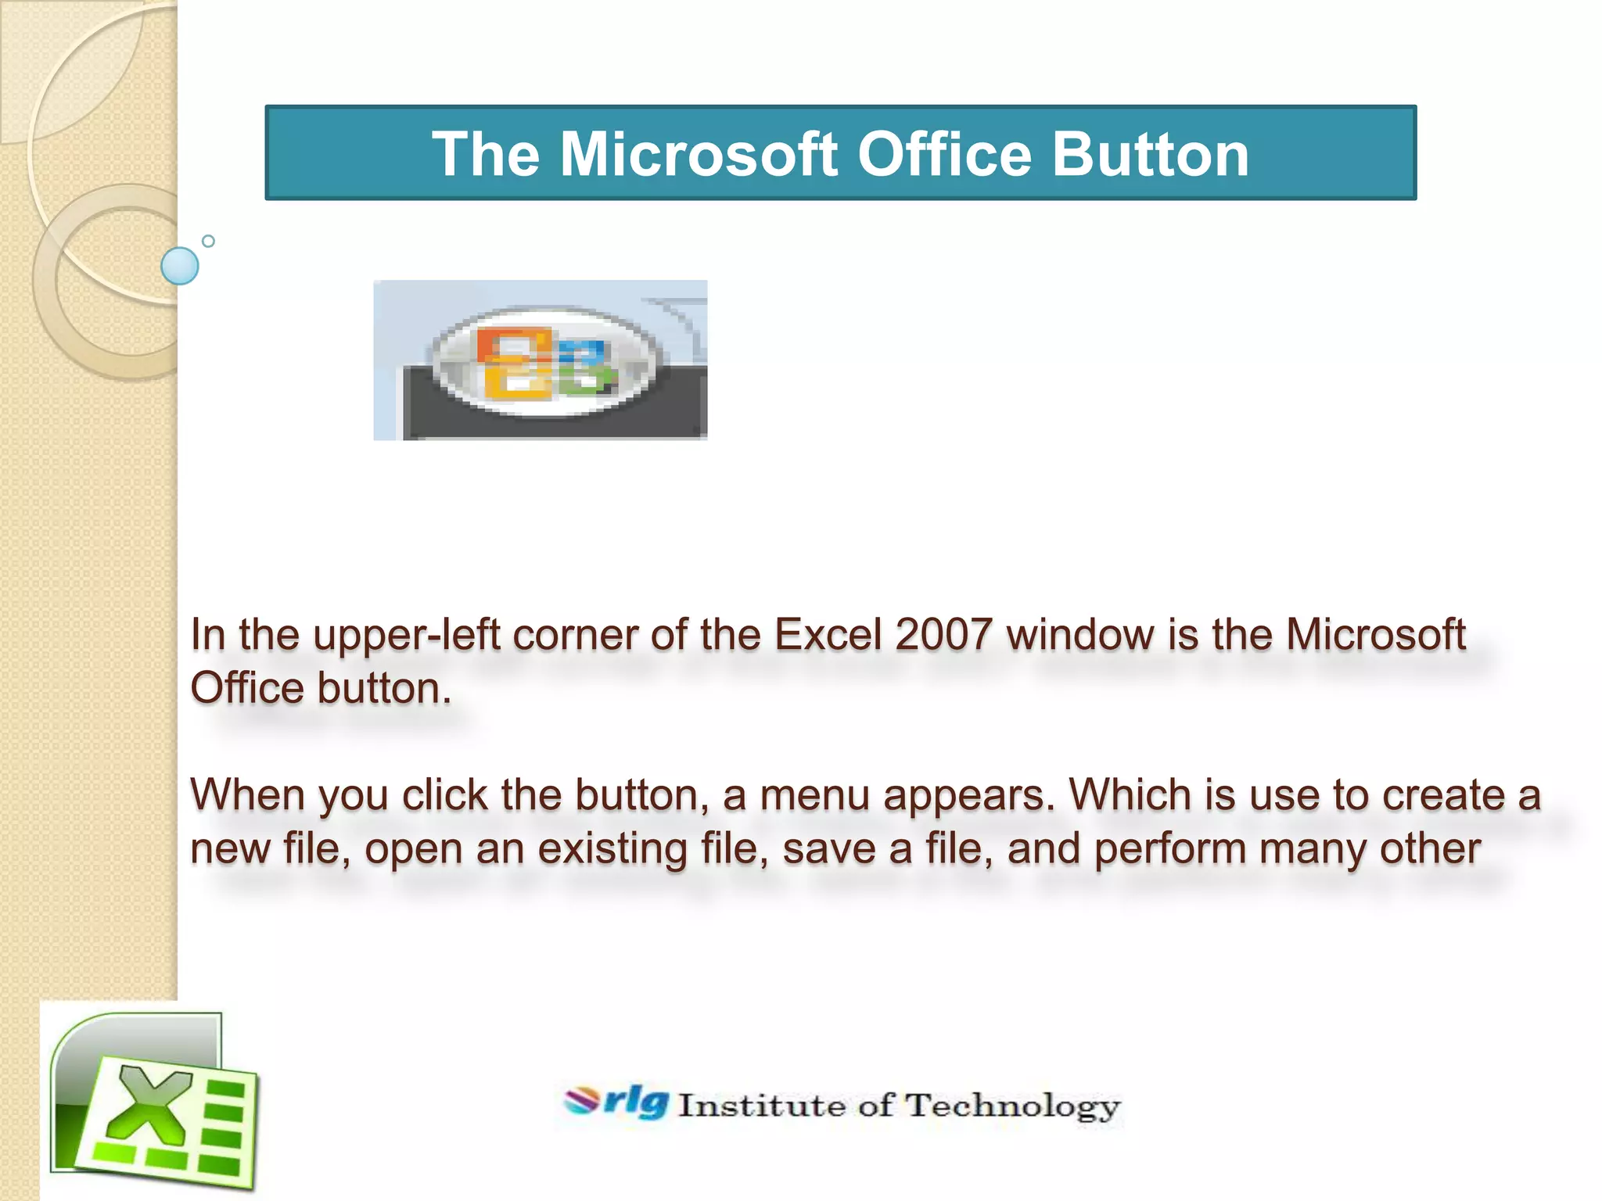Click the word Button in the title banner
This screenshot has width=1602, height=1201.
[x=1150, y=154]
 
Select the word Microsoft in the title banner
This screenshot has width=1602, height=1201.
[x=699, y=154]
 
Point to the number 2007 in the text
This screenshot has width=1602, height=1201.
[x=944, y=634]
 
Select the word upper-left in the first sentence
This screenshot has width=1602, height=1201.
[x=406, y=636]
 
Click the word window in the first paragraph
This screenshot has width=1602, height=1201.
[x=1079, y=634]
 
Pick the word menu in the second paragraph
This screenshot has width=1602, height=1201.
[x=814, y=795]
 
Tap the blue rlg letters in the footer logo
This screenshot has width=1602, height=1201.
[x=637, y=1102]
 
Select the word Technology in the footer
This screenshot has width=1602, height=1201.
[x=1013, y=1106]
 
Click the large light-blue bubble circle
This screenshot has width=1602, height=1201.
[x=179, y=266]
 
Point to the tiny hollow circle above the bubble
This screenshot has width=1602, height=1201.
[x=208, y=242]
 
